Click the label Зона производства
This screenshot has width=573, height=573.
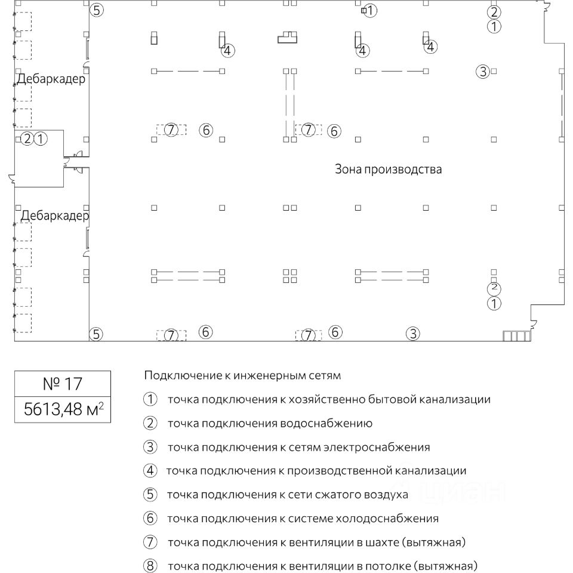click(388, 170)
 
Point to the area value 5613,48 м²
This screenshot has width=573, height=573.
click(63, 409)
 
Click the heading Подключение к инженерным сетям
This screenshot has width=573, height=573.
click(242, 375)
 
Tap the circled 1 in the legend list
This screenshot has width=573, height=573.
click(150, 399)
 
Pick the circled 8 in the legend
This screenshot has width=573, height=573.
click(150, 566)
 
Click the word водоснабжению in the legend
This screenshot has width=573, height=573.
click(326, 424)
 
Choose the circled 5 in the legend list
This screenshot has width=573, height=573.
click(150, 495)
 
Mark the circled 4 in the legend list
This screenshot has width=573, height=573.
click(150, 471)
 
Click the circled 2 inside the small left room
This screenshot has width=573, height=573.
click(27, 140)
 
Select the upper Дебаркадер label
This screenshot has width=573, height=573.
click(51, 78)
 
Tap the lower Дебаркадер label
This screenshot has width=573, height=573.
click(54, 215)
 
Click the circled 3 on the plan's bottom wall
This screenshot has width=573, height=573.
click(413, 334)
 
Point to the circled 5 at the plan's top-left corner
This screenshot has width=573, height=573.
click(97, 10)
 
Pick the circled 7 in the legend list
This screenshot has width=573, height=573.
click(150, 543)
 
